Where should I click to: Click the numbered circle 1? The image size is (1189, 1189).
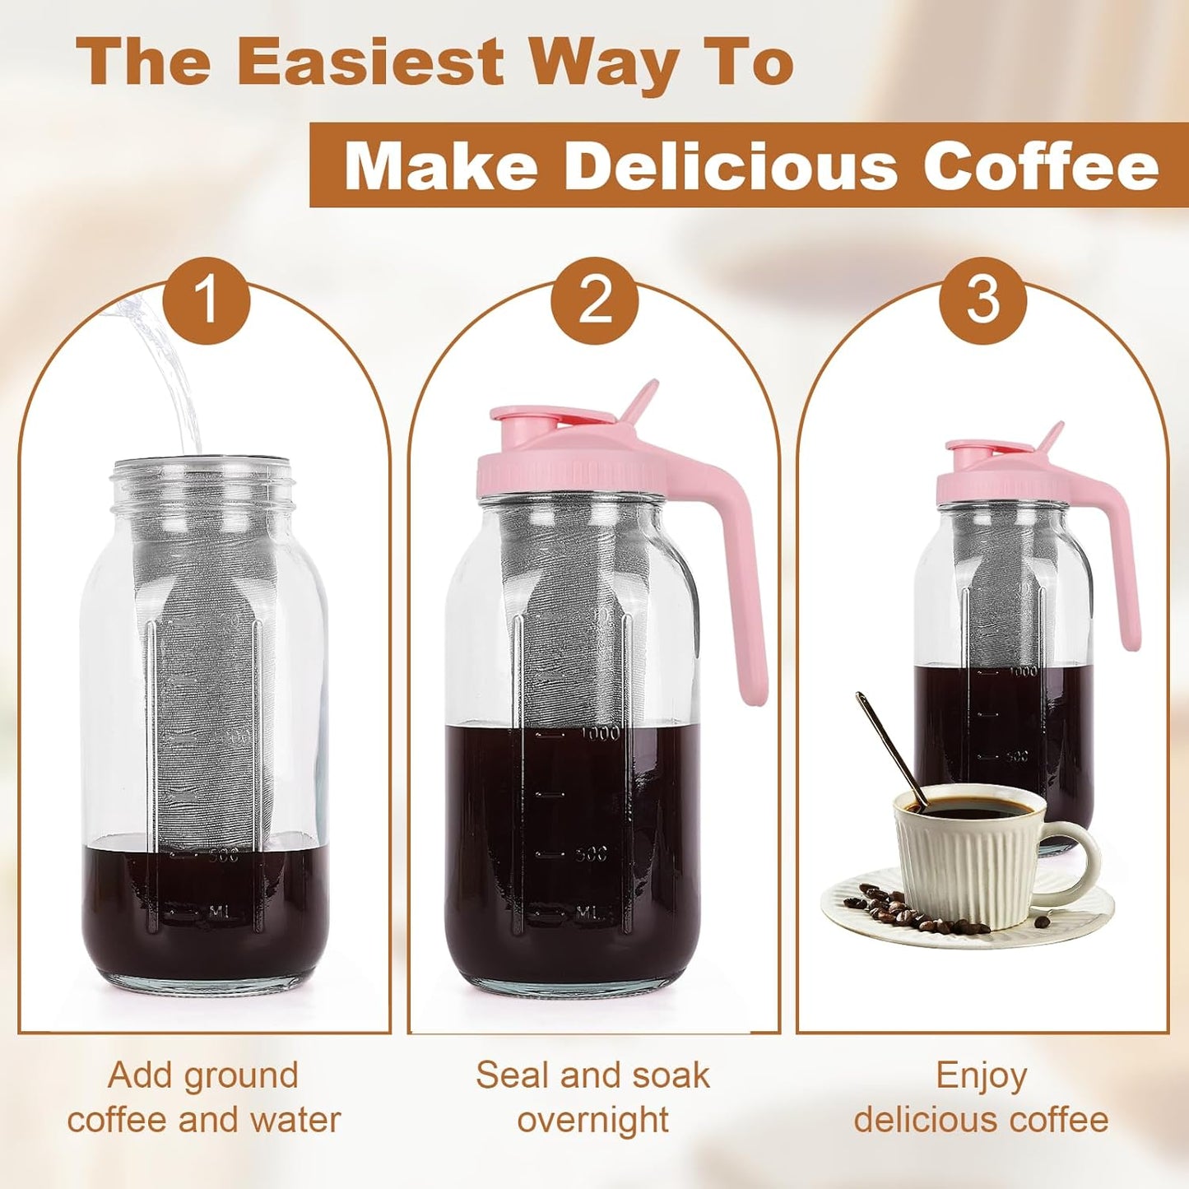[207, 300]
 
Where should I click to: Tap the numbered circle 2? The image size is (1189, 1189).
[595, 300]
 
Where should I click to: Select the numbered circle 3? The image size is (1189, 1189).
[982, 300]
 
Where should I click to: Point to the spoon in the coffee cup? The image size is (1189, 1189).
[889, 745]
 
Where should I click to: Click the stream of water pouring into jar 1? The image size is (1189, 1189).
[169, 370]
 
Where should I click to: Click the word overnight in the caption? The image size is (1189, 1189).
[593, 1120]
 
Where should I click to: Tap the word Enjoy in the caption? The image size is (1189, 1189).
[982, 1075]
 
